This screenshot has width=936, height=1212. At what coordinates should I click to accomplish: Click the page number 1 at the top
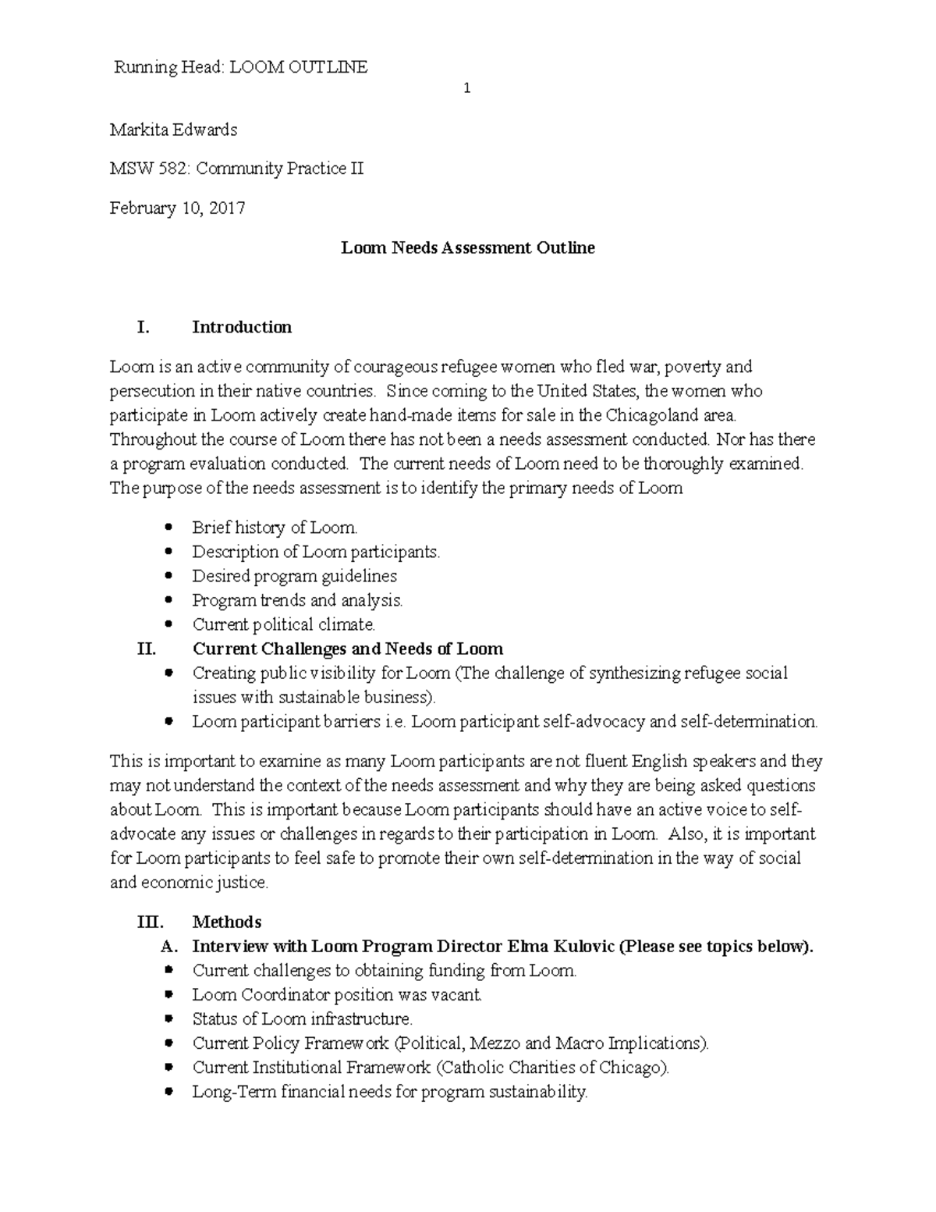click(466, 89)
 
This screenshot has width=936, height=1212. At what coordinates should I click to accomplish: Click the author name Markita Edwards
click(173, 130)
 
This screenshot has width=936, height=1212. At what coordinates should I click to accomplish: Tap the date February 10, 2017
click(177, 208)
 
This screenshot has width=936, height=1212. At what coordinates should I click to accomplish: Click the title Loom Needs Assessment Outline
click(468, 248)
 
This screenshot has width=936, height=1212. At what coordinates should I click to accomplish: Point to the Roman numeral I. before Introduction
click(143, 328)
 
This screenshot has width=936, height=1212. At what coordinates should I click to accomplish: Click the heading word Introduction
click(242, 328)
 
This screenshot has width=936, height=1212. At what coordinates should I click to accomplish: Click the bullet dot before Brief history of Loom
click(168, 528)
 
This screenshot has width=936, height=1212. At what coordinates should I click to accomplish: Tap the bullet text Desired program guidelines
click(294, 577)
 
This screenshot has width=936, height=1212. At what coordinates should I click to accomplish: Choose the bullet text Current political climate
click(284, 625)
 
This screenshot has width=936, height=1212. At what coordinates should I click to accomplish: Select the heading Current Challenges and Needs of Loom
click(347, 649)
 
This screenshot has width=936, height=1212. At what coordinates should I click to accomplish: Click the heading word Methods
click(226, 922)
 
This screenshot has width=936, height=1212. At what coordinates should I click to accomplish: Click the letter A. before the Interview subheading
click(169, 947)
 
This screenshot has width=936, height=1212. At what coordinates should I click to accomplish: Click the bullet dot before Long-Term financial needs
click(168, 1093)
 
